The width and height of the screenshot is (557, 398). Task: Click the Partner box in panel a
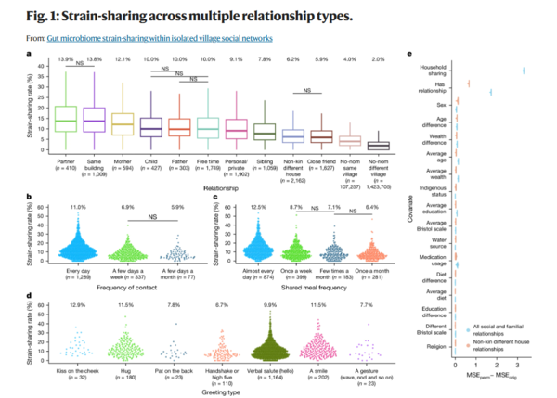[x=65, y=120]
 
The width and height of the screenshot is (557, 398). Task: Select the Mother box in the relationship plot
[x=123, y=121]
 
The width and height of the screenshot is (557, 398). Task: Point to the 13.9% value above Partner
[x=65, y=60]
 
